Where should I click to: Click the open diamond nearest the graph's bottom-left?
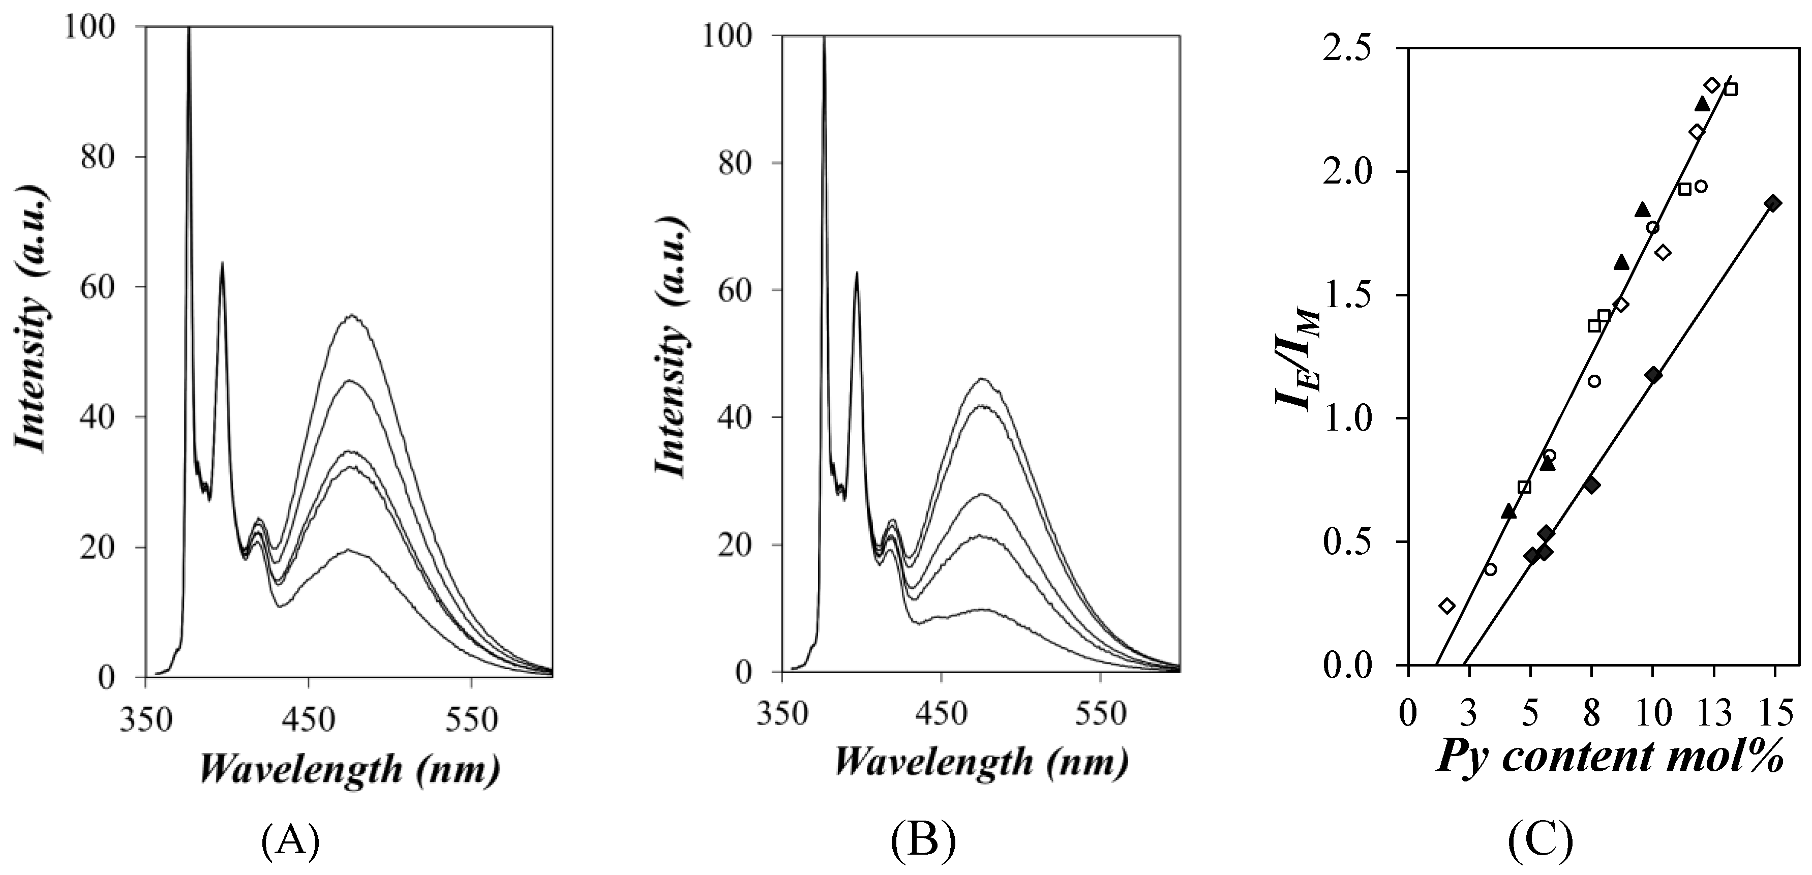point(1446,606)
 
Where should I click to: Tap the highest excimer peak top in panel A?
point(351,315)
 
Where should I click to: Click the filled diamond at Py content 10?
point(1653,375)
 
